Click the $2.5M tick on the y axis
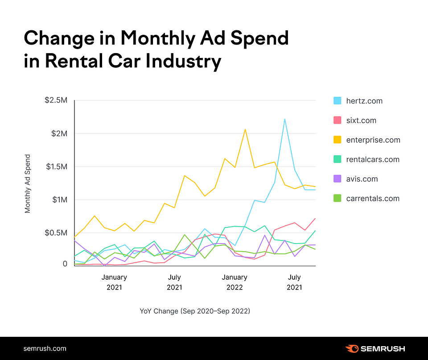[x=56, y=100]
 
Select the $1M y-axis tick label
[x=59, y=199]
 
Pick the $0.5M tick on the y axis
[x=56, y=232]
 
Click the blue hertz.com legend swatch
[x=337, y=101]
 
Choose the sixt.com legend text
[x=361, y=120]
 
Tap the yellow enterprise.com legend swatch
[x=337, y=140]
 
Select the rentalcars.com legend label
[x=373, y=160]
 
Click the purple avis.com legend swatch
[x=337, y=179]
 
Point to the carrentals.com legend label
[x=373, y=199]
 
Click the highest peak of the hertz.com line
[x=284, y=119]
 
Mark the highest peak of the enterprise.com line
[x=245, y=129]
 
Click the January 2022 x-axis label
[x=235, y=282]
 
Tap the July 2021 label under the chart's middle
[x=174, y=282]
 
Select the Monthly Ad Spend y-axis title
[x=28, y=183]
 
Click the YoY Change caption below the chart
[x=195, y=311]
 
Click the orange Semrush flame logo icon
[x=352, y=348]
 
